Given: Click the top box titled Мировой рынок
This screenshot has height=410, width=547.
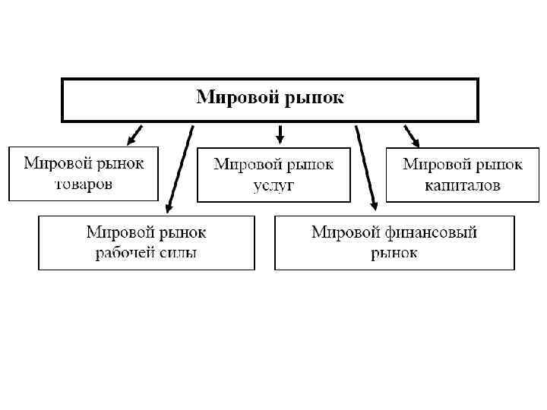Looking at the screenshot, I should pyautogui.click(x=270, y=99).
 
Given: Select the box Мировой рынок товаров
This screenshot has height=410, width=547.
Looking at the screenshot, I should pyautogui.click(x=84, y=174).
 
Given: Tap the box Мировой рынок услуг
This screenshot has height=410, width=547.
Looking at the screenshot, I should pyautogui.click(x=273, y=175).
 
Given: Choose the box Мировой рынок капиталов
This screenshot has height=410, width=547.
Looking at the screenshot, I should pyautogui.click(x=462, y=175).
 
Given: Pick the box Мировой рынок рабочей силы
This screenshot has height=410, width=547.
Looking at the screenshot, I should pyautogui.click(x=146, y=242).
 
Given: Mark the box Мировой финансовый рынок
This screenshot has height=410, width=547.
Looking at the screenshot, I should pyautogui.click(x=394, y=242).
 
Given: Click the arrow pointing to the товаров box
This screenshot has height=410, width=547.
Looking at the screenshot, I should pyautogui.click(x=134, y=134).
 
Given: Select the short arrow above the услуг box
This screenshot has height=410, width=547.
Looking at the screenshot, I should pyautogui.click(x=280, y=134).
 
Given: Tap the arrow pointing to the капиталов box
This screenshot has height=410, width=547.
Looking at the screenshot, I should pyautogui.click(x=411, y=135).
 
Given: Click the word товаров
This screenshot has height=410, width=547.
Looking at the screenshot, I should pyautogui.click(x=84, y=184).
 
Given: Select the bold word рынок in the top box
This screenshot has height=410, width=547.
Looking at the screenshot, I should pyautogui.click(x=312, y=98).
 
